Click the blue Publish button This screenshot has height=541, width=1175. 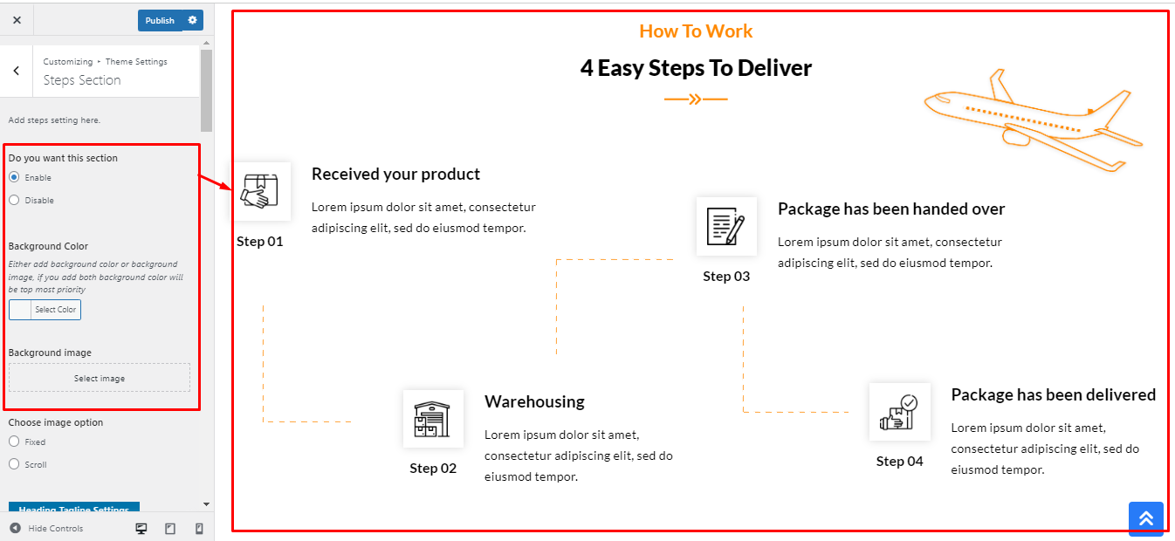point(160,20)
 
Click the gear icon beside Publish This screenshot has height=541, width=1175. point(193,20)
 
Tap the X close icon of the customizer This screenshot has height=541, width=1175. point(17,20)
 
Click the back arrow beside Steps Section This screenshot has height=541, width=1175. point(17,72)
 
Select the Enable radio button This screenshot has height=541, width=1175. point(14,177)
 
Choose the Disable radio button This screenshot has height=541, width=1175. point(14,200)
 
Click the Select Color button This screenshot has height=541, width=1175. point(45,310)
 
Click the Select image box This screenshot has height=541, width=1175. point(100,378)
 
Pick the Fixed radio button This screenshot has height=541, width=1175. point(14,442)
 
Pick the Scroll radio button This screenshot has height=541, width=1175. point(14,464)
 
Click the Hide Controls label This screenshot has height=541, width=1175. point(55,528)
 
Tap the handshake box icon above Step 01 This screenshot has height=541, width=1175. point(260,191)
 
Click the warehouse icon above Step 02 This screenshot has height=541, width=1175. point(433,419)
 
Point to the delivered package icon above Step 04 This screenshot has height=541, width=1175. point(899,412)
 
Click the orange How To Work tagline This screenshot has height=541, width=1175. point(696,31)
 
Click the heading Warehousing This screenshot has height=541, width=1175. point(534,401)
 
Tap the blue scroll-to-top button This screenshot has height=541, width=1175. point(1145,518)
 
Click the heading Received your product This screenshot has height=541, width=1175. point(395,174)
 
